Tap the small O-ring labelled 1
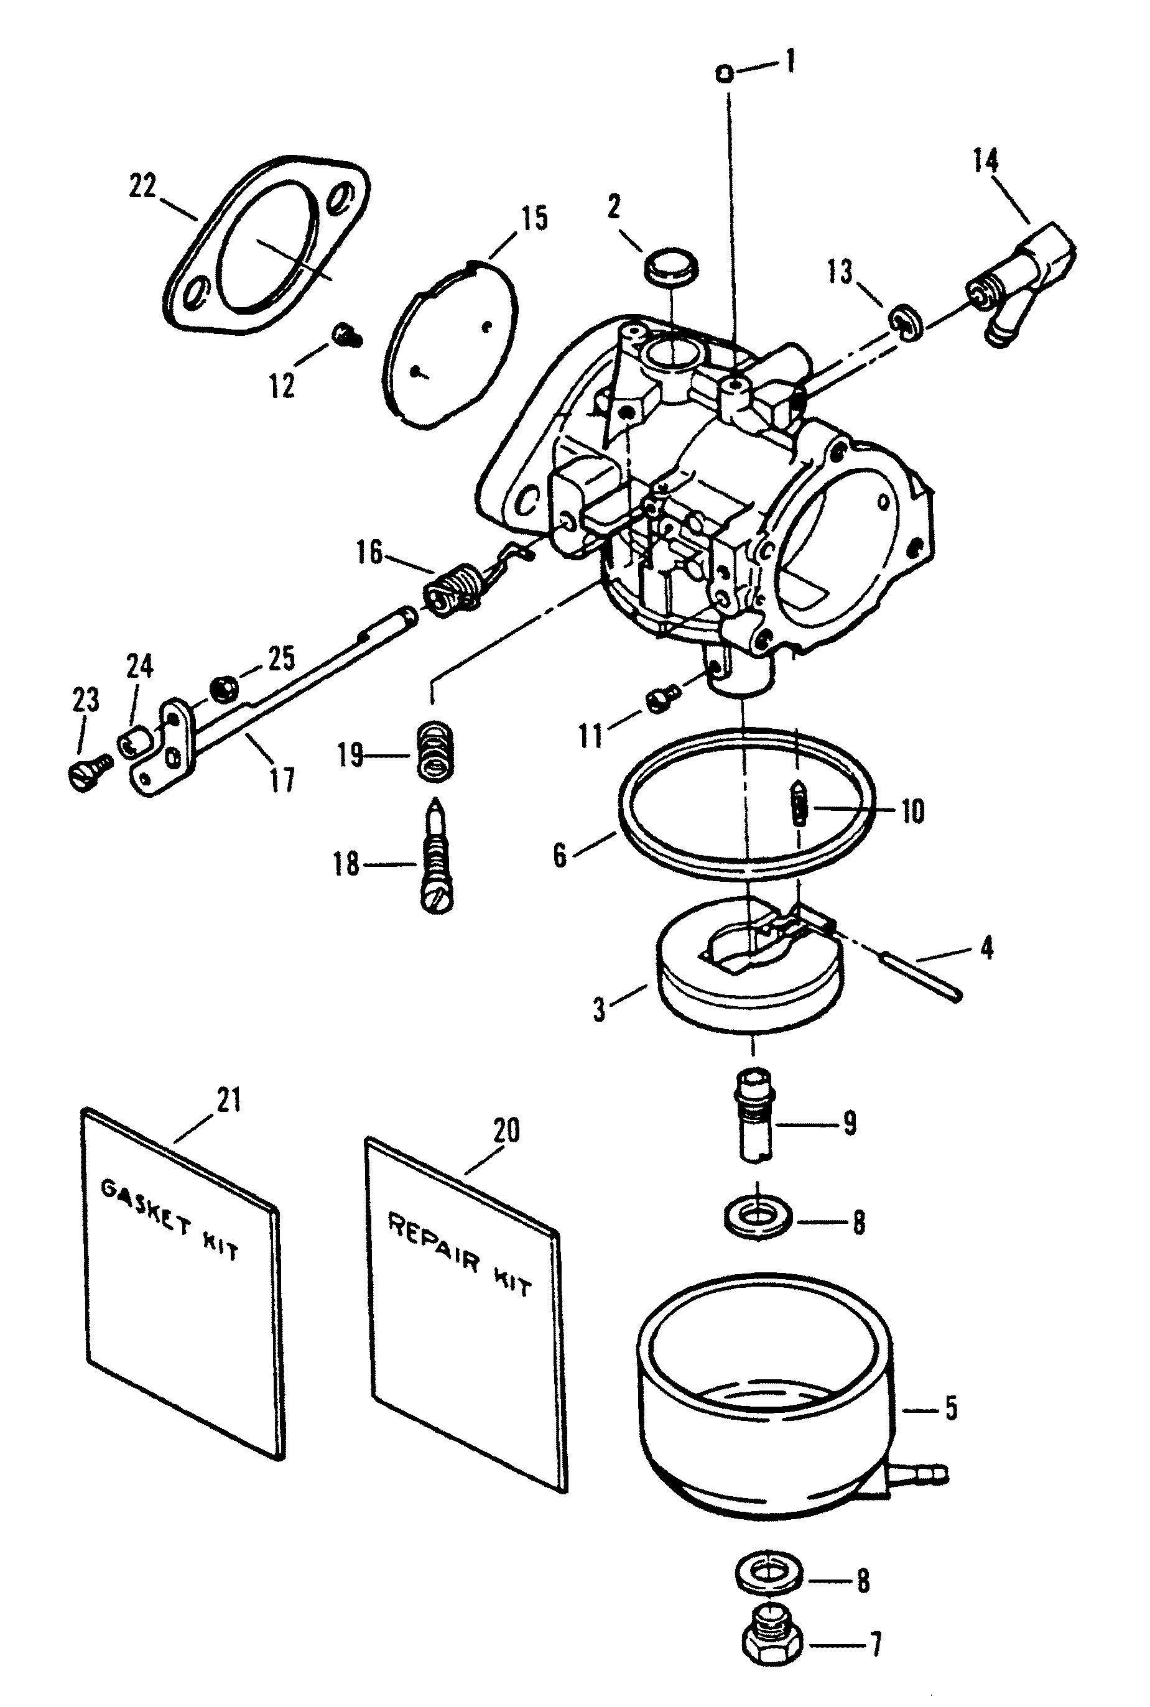click(724, 73)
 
